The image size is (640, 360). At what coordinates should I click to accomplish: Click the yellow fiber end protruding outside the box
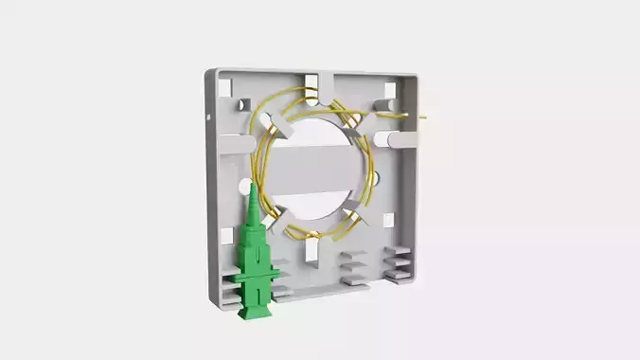click(x=422, y=118)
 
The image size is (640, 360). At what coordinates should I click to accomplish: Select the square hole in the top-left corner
click(x=226, y=87)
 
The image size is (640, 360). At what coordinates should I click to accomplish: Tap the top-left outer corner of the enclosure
click(x=209, y=70)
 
